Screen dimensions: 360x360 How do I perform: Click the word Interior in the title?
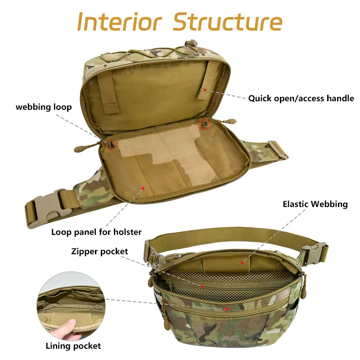click(x=119, y=22)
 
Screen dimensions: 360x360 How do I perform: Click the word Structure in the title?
click(x=228, y=22)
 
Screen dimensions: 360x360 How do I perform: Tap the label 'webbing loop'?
click(x=44, y=107)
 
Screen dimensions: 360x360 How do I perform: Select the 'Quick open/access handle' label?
click(x=301, y=99)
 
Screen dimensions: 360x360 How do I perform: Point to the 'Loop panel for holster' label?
click(x=96, y=232)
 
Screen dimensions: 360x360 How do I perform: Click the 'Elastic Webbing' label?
click(x=315, y=204)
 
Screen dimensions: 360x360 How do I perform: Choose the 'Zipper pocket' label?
click(x=99, y=252)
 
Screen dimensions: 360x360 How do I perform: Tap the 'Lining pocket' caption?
click(x=73, y=346)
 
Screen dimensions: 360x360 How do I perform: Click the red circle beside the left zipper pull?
click(x=111, y=145)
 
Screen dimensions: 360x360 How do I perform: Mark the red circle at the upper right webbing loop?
click(x=205, y=124)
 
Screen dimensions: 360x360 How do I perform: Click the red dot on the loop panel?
click(x=143, y=189)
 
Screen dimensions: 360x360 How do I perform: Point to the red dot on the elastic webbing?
click(x=242, y=263)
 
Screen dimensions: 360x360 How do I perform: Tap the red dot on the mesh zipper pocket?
click(x=202, y=286)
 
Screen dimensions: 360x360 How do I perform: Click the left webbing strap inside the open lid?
click(x=108, y=93)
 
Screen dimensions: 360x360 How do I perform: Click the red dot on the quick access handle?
click(x=205, y=90)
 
